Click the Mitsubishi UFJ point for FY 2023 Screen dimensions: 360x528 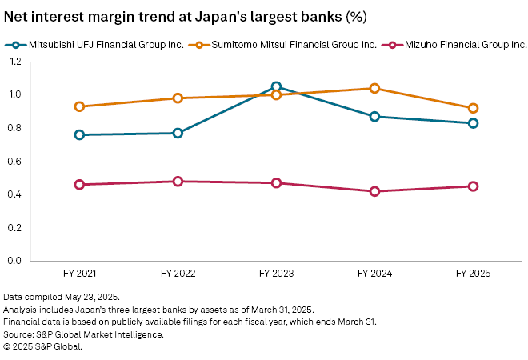276,86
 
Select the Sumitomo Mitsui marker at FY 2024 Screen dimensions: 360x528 374,88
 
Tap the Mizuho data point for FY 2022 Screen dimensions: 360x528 178,182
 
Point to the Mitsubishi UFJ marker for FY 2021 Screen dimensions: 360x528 79,134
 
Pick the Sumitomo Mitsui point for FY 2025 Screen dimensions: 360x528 473,108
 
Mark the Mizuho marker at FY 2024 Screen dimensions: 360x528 374,191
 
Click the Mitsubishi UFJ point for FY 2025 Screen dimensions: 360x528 473,123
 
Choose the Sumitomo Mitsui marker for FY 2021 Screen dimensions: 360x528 79,106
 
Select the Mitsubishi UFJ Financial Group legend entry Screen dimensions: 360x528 100,45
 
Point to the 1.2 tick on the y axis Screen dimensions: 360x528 15,62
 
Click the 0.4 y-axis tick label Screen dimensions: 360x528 15,194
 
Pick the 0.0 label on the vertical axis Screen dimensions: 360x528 15,261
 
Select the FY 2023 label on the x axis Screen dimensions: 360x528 276,274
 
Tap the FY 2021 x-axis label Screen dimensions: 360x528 79,274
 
